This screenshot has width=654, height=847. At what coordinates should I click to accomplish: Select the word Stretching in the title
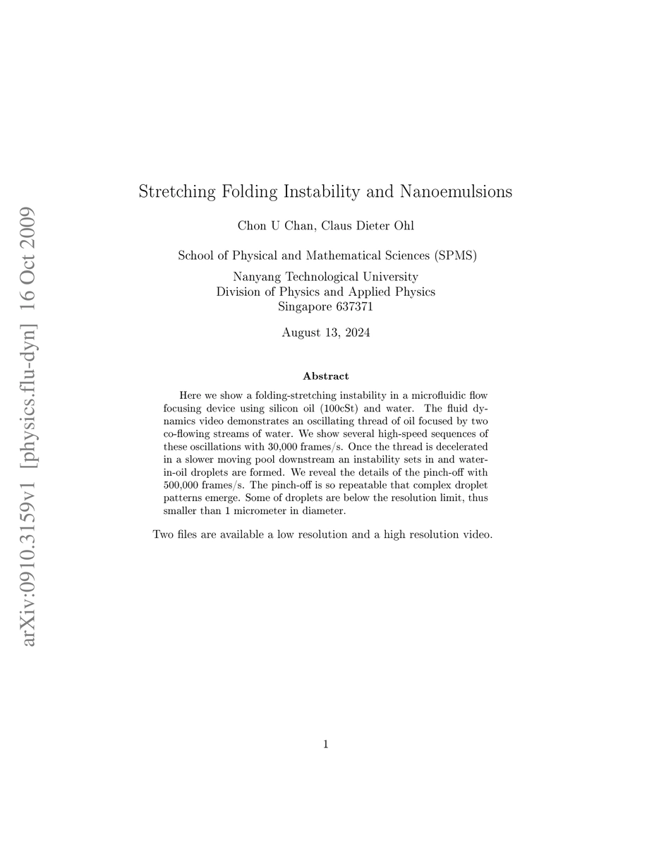pos(176,191)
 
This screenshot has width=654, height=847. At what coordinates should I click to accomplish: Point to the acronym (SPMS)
pos(452,256)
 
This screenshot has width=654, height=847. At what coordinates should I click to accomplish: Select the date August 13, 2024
pos(326,332)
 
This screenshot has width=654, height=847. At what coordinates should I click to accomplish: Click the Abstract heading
pos(326,376)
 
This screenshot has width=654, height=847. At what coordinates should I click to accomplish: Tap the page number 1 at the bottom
pos(326,743)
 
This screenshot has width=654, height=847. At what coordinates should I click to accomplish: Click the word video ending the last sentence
pos(476,534)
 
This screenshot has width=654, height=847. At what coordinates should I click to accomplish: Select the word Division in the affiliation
pos(239,292)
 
